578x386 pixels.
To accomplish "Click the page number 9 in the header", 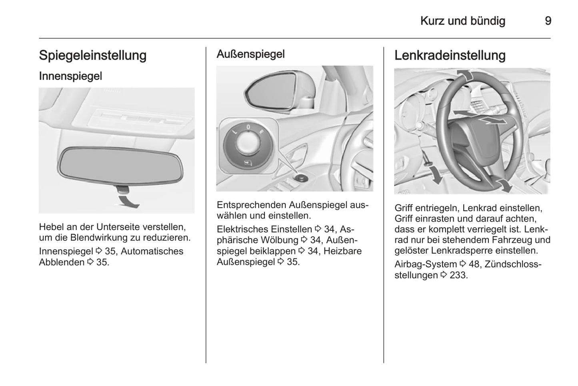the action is pyautogui.click(x=548, y=21).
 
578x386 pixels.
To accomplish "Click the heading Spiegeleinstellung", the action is pyautogui.click(x=93, y=56).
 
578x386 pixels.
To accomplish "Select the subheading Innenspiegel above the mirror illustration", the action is pyautogui.click(x=70, y=76).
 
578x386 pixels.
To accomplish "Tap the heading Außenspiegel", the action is pyautogui.click(x=250, y=54).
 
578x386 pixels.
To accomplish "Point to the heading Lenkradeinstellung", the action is pyautogui.click(x=450, y=56).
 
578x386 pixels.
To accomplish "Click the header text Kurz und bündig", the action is pyautogui.click(x=463, y=21).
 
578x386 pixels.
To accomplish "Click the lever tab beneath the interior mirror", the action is pyautogui.click(x=122, y=189).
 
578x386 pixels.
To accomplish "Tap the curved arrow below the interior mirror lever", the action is pyautogui.click(x=128, y=202).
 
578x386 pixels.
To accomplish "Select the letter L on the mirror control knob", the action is pyautogui.click(x=235, y=132).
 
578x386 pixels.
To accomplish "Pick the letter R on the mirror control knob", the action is pyautogui.click(x=261, y=132).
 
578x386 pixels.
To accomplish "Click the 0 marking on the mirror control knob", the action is pyautogui.click(x=248, y=127).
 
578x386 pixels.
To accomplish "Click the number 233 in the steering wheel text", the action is pyautogui.click(x=458, y=275).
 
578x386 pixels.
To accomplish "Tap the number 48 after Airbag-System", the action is pyautogui.click(x=474, y=264).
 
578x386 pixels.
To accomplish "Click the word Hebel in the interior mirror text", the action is pyautogui.click(x=52, y=227).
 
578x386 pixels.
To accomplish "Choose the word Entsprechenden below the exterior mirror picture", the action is pyautogui.click(x=252, y=205).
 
